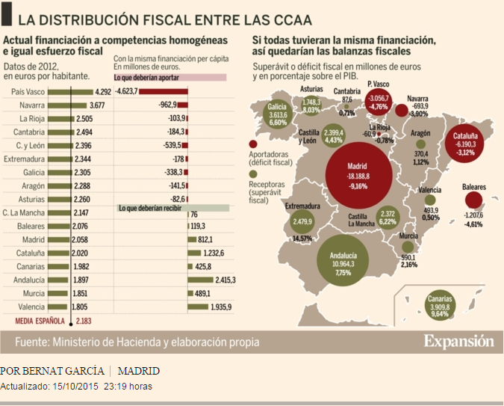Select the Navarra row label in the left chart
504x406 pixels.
pyautogui.click(x=32, y=105)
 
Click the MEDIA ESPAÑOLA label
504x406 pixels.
pyautogui.click(x=42, y=321)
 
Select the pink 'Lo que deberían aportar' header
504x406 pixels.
pyautogui.click(x=169, y=77)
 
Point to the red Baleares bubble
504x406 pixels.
pyautogui.click(x=473, y=200)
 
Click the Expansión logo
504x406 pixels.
pyautogui.click(x=458, y=342)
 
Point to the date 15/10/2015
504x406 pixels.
pyautogui.click(x=76, y=387)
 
